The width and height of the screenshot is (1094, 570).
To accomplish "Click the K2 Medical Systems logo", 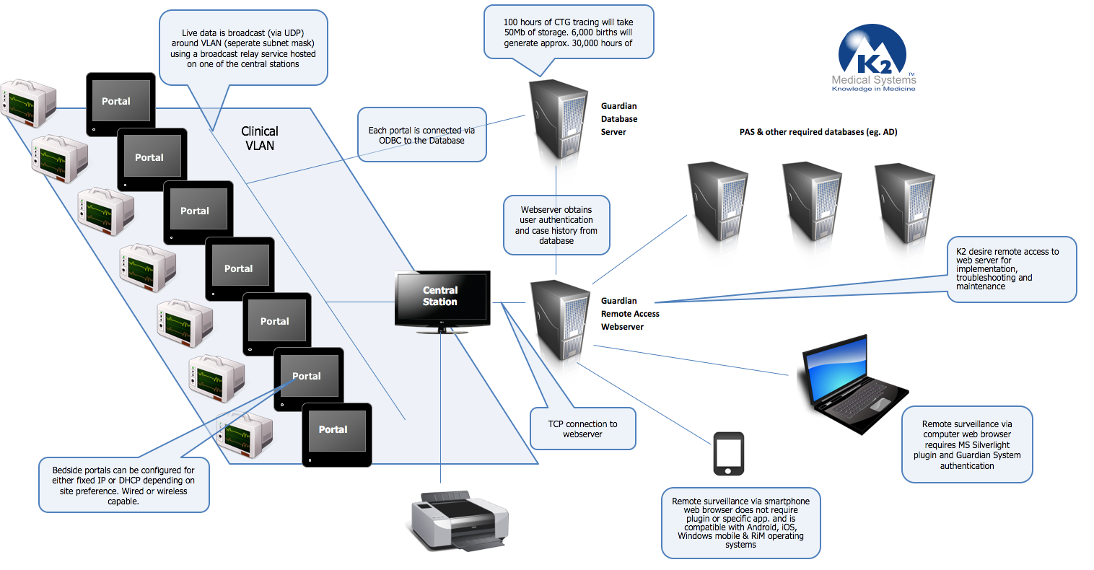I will pyautogui.click(x=873, y=59).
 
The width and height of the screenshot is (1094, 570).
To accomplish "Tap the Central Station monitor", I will pyautogui.click(x=442, y=298).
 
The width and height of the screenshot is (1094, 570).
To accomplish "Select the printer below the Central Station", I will pyautogui.click(x=460, y=522).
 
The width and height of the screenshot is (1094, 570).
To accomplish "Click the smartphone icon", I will pyautogui.click(x=728, y=454).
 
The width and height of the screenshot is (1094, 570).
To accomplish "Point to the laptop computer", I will pyautogui.click(x=852, y=382).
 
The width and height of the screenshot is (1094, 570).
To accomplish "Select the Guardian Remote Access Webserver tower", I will pyautogui.click(x=561, y=322).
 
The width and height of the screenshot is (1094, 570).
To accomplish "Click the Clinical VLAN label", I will pyautogui.click(x=260, y=138).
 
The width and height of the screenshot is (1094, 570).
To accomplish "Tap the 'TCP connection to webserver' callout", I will pyautogui.click(x=582, y=429).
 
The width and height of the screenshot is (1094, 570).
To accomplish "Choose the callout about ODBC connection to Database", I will pyautogui.click(x=422, y=135).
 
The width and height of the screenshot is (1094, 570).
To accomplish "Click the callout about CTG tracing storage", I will pyautogui.click(x=568, y=32).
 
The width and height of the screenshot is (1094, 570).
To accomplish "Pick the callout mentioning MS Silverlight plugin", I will pyautogui.click(x=967, y=444).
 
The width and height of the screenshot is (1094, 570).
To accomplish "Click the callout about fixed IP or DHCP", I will pyautogui.click(x=123, y=485).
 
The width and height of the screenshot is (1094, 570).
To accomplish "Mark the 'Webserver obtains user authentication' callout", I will pyautogui.click(x=556, y=225).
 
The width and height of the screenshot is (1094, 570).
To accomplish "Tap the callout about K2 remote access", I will pyautogui.click(x=1010, y=269).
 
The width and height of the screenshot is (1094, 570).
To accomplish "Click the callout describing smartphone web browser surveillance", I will pyautogui.click(x=740, y=522).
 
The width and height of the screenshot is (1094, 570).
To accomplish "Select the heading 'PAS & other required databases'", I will pyautogui.click(x=818, y=132).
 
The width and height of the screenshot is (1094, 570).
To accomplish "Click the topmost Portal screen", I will pyautogui.click(x=121, y=103).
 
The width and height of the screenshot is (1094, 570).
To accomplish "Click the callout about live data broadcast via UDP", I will pyautogui.click(x=243, y=48).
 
